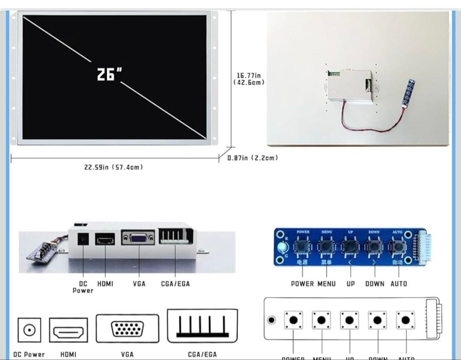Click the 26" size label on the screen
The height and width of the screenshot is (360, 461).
coord(107,74)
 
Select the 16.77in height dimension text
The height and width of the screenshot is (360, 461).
coord(249,75)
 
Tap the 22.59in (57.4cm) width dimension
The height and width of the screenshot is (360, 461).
coord(114,167)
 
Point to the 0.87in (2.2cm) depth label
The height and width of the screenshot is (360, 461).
coord(253,158)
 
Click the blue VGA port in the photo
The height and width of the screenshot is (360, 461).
coord(138,238)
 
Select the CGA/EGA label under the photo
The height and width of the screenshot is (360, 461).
coord(175,284)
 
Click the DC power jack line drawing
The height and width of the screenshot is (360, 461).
coord(29,330)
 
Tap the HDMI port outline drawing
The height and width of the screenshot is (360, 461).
coord(68,330)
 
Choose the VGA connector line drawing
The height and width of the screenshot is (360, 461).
coord(127,328)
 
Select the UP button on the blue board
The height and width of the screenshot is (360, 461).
coord(350,247)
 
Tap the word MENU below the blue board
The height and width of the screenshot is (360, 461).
coord(327,284)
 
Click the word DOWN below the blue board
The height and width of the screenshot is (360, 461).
coord(374,284)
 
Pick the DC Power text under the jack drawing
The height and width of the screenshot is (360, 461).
coord(29,354)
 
